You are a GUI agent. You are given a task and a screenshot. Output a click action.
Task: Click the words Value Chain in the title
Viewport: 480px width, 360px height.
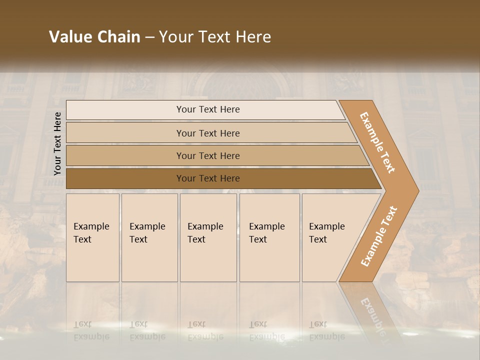pyautogui.click(x=94, y=37)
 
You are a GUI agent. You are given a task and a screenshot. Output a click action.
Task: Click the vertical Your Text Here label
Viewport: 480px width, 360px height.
pyautogui.click(x=57, y=143)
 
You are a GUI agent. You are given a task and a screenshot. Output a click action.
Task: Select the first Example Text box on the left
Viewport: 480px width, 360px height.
pyautogui.click(x=92, y=237)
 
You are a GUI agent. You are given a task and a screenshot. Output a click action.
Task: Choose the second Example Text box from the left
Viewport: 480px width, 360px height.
pyautogui.click(x=149, y=237)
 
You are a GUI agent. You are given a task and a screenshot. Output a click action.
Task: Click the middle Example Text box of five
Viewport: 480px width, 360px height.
pyautogui.click(x=208, y=237)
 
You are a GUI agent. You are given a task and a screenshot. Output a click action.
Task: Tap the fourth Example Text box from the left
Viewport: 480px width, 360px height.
pyautogui.click(x=269, y=237)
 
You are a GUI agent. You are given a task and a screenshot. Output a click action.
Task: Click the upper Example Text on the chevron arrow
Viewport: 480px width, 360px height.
pyautogui.click(x=377, y=142)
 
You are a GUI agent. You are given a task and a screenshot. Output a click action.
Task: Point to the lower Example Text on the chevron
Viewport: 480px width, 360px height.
pyautogui.click(x=379, y=236)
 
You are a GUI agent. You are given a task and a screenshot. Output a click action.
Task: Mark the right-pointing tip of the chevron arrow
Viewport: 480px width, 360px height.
pyautogui.click(x=417, y=190)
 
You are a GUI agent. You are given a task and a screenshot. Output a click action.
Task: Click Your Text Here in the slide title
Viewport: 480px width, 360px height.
pyautogui.click(x=215, y=37)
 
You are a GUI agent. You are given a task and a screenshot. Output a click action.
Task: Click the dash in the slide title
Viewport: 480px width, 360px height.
pyautogui.click(x=149, y=37)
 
